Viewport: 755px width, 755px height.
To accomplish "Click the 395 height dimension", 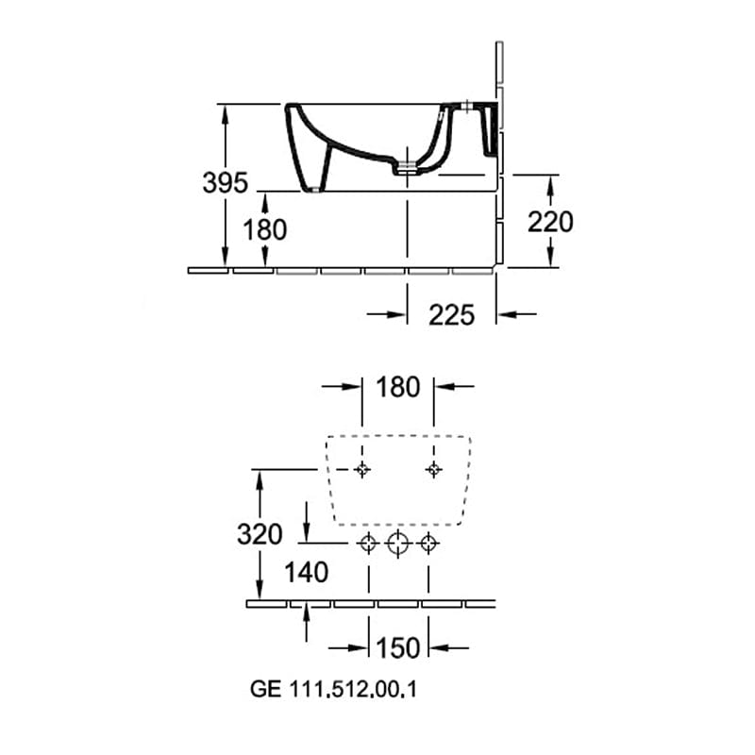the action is (225, 182).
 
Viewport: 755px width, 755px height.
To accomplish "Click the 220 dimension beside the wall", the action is (550, 222).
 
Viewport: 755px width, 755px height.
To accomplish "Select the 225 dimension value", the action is (452, 315).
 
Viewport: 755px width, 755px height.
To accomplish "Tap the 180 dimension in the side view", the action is (265, 229).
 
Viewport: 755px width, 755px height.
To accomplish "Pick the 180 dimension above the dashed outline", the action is (397, 387).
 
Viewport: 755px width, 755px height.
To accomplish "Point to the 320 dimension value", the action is (260, 534).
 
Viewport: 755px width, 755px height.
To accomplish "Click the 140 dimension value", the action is (306, 573).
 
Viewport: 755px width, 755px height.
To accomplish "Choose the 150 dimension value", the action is (397, 647).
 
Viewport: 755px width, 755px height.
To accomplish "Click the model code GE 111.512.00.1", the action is (333, 689).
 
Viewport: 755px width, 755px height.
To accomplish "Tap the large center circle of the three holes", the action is (397, 544).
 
